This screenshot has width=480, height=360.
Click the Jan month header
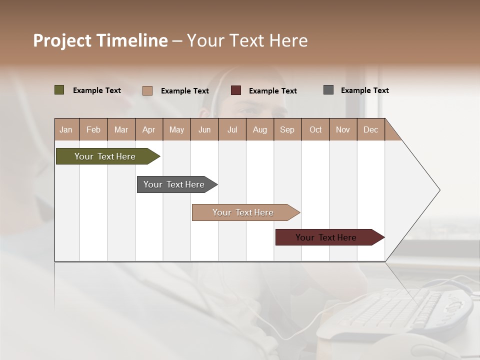coord(66,129)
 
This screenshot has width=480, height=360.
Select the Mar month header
coord(121,129)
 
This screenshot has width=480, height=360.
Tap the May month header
coord(176,129)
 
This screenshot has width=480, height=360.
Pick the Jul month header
coord(232,129)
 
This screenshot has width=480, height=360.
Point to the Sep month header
coord(287,129)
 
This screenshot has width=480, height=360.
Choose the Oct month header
coord(315,129)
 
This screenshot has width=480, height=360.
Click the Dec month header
coord(370,129)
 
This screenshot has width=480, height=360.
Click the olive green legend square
coord(59,90)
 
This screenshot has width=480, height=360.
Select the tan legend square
coord(147,90)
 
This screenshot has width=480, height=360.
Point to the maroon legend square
coord(236,90)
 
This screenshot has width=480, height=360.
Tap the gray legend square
coord(328,90)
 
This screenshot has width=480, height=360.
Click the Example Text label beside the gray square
coord(364,90)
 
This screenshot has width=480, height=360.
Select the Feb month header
coord(93,129)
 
